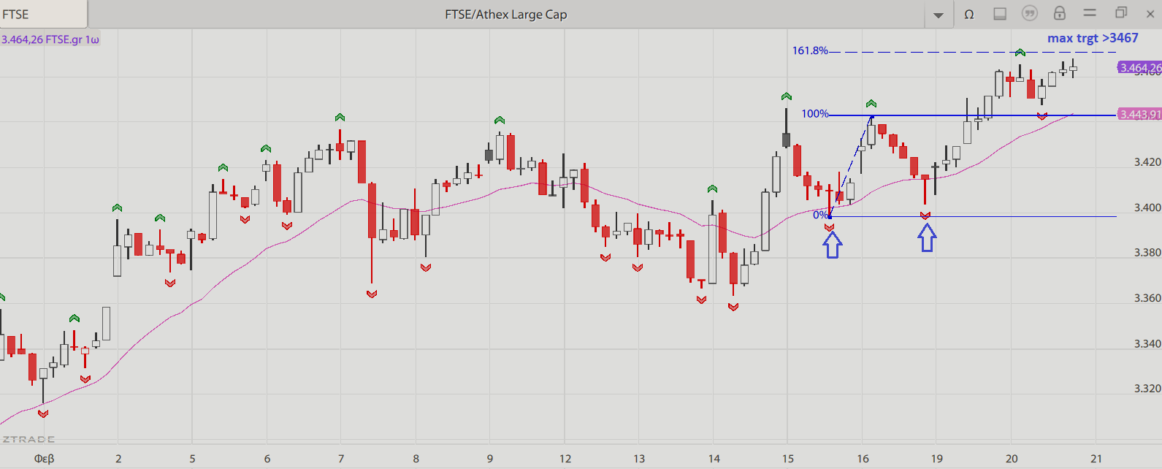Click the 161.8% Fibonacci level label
[x=810, y=51]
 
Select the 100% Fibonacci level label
[x=814, y=114]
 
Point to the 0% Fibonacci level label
[x=820, y=215]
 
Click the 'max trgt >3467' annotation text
[x=1093, y=38]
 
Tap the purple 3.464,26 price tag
[x=1139, y=68]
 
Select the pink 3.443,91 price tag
[x=1139, y=115]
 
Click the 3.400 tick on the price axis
[x=1147, y=207]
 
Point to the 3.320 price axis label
[x=1147, y=389]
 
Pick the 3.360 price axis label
[x=1147, y=298]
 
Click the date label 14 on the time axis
[x=714, y=459]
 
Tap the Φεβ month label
[x=45, y=459]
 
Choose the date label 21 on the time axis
[x=1096, y=459]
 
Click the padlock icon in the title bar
[x=1059, y=13]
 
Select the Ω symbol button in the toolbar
[x=969, y=14]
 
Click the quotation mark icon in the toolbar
[x=1030, y=13]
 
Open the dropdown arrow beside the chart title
[x=939, y=15]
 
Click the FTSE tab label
[x=16, y=15]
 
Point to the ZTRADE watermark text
[x=28, y=439]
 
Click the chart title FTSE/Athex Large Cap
[x=505, y=15]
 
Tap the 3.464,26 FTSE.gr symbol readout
[x=50, y=39]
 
